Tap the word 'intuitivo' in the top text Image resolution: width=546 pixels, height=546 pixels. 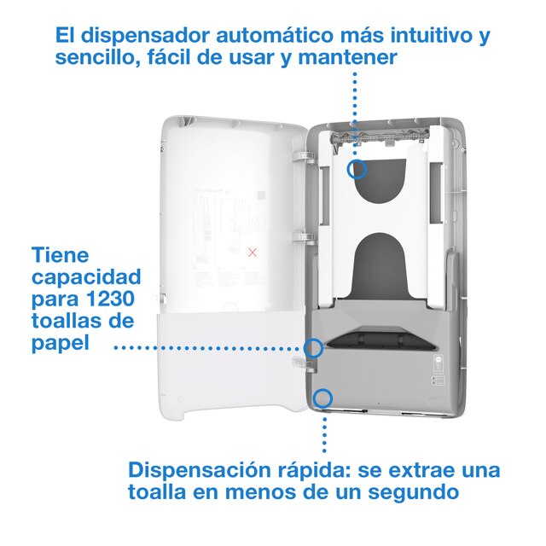click(x=426, y=37)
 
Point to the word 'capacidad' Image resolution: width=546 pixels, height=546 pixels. click(x=87, y=277)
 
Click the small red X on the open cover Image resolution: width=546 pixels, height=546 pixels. click(x=252, y=253)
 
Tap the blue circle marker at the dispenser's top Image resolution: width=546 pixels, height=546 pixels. click(x=357, y=169)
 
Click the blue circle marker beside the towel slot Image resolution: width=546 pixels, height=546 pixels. click(x=314, y=347)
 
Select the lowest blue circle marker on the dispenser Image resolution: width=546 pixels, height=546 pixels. click(x=322, y=397)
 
